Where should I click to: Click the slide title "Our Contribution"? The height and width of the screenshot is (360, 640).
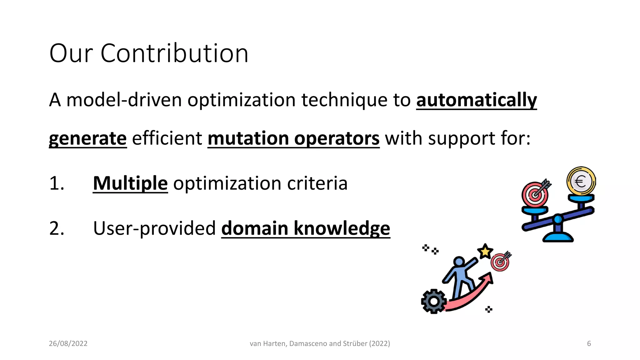point(149,53)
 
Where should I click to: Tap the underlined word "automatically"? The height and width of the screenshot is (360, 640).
point(476,100)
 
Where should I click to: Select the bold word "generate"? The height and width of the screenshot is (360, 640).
point(88,138)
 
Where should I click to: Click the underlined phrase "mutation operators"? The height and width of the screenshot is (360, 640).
point(293,138)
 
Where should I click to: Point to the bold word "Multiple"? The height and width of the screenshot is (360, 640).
point(130,183)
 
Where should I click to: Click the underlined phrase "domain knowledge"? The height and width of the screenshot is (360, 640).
point(306,228)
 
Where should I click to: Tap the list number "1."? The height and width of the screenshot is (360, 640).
point(57,183)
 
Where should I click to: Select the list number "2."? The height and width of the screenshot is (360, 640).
point(57,228)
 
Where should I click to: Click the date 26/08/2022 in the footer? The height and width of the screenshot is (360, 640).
point(68,343)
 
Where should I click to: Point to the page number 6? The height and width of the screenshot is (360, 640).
point(589,343)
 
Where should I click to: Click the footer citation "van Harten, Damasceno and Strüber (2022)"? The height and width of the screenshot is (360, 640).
point(320,343)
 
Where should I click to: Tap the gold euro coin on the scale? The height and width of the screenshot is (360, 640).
point(581,181)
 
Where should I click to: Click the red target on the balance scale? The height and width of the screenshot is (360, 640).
point(535,195)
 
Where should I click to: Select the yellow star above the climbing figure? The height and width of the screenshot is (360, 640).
point(485,251)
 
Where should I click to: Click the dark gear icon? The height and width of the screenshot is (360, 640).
point(434,301)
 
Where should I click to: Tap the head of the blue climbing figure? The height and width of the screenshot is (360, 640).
point(459,261)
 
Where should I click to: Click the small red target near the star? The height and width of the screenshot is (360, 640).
point(500,262)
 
